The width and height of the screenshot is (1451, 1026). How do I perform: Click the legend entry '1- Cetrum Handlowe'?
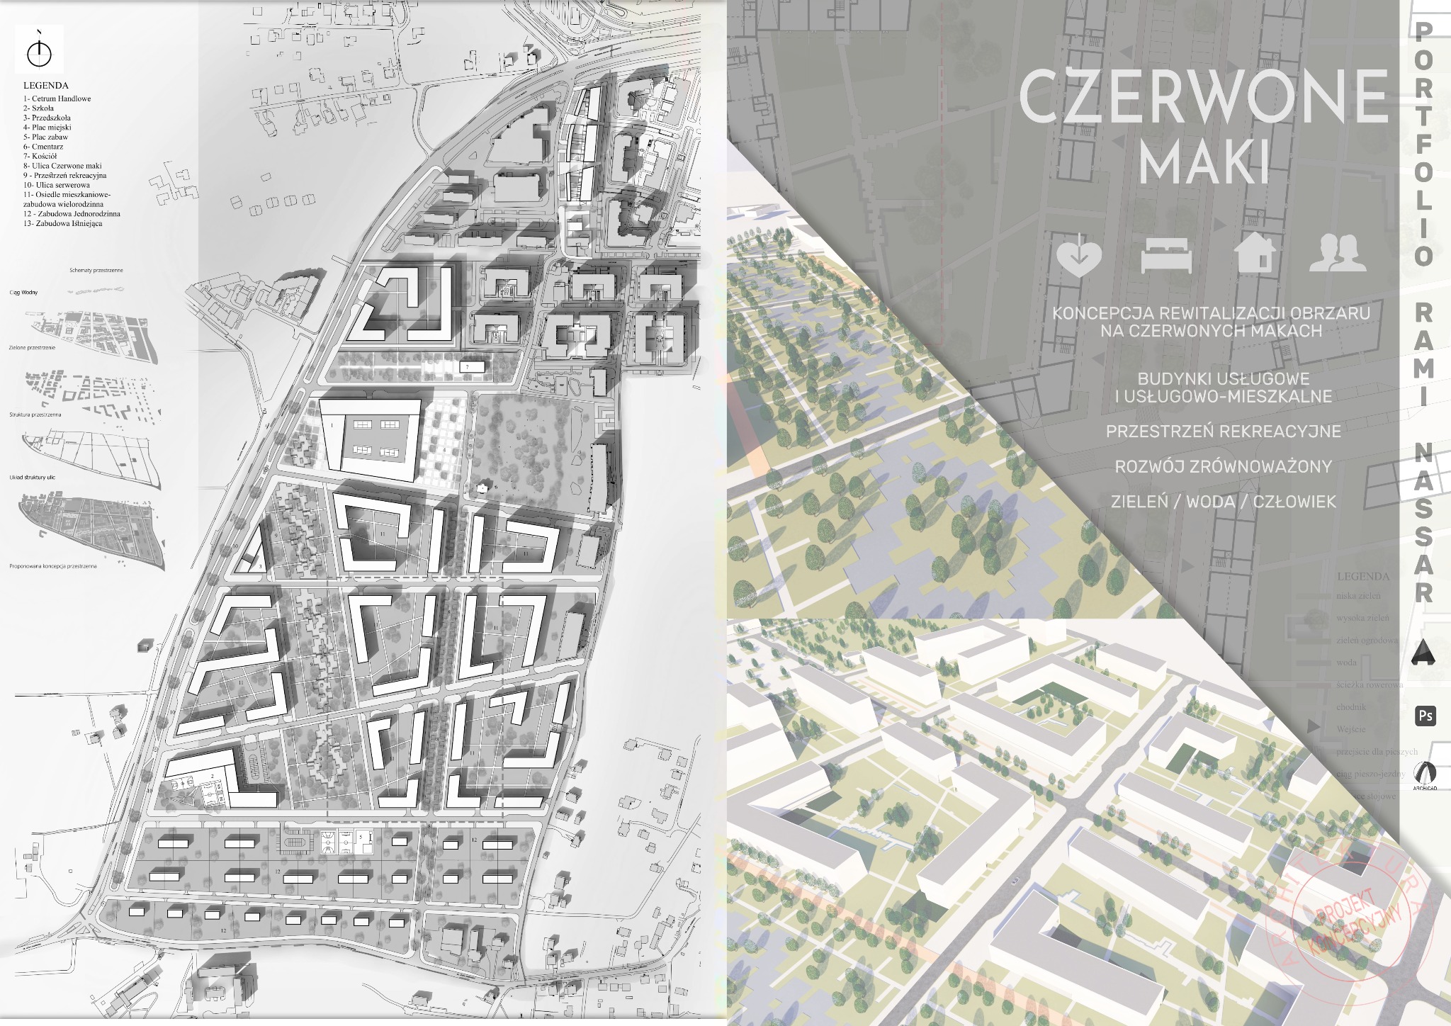(x=57, y=98)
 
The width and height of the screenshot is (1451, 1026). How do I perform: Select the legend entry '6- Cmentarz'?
(x=43, y=147)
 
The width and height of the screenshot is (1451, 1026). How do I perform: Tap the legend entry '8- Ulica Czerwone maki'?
(x=62, y=166)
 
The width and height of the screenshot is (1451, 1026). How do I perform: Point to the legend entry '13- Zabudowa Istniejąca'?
(x=62, y=223)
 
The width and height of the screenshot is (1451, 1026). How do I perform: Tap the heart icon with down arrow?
(x=1078, y=255)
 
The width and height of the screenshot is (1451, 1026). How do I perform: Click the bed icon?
(x=1166, y=255)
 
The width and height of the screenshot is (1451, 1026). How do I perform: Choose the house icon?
(x=1255, y=252)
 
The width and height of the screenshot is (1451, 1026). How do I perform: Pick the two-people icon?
(x=1337, y=253)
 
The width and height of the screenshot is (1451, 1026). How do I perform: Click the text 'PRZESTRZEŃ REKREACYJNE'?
(x=1223, y=432)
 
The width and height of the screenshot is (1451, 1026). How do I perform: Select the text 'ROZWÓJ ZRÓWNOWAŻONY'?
(x=1223, y=466)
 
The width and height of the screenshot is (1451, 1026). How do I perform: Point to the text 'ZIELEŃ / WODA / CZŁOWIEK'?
(x=1223, y=502)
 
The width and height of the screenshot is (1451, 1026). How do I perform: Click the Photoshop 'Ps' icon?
(x=1425, y=716)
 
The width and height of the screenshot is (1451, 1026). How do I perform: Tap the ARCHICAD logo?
(x=1424, y=774)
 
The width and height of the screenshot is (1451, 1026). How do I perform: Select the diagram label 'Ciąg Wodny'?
(x=23, y=292)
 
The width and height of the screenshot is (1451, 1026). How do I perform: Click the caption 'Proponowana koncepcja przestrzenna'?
(x=53, y=566)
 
